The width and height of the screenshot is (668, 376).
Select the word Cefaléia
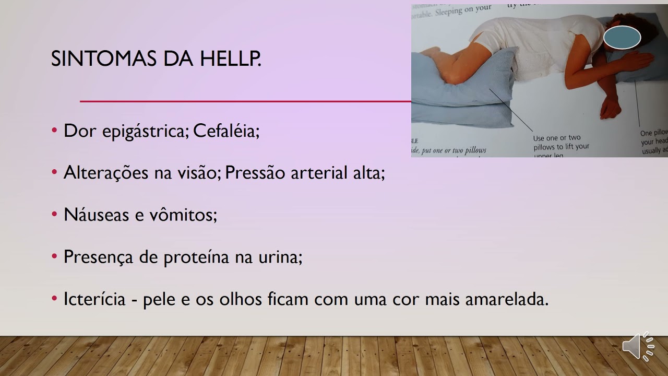[226, 131]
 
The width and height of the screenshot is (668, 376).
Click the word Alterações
[106, 173]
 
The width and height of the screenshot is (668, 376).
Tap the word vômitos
[186, 214]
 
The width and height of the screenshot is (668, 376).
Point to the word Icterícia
[94, 299]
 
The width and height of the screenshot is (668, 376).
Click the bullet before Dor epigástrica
[54, 131]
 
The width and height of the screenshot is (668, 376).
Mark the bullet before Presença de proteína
[54, 256]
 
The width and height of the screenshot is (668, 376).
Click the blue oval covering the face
[622, 38]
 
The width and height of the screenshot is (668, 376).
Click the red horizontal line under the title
[245, 101]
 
